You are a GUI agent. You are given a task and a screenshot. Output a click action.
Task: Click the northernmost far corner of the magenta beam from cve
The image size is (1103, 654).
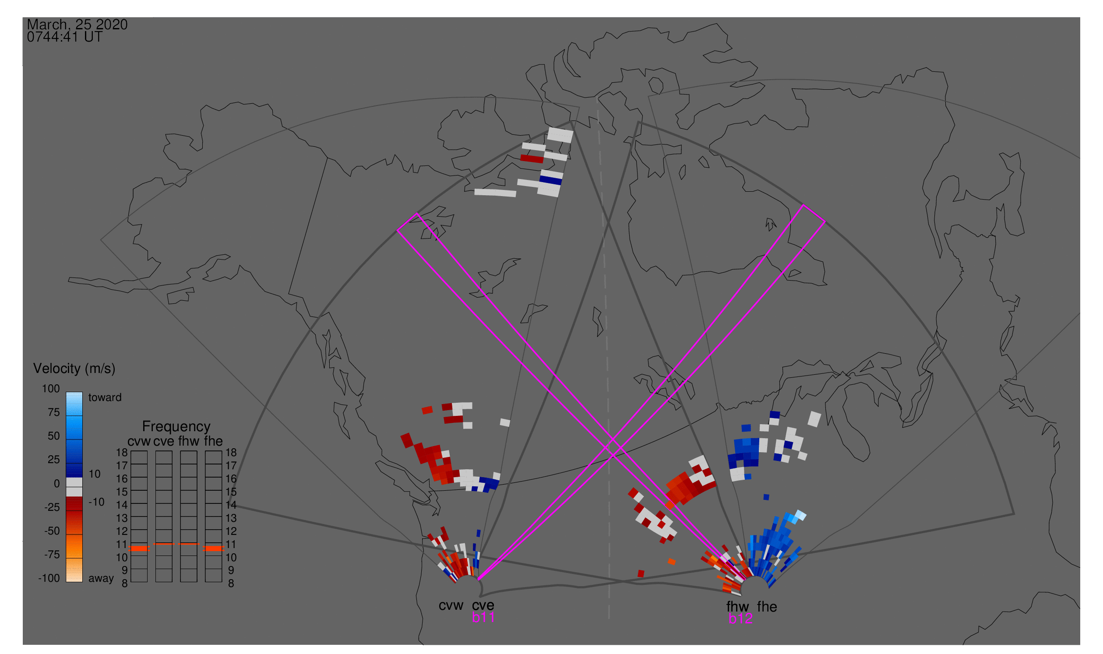[803, 205]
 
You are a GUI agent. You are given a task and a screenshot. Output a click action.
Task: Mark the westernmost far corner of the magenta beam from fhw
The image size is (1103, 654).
[398, 230]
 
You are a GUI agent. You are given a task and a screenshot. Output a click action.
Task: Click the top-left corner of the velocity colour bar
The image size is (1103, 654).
[66, 392]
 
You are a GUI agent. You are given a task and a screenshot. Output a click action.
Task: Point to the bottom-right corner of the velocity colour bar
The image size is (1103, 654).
[83, 582]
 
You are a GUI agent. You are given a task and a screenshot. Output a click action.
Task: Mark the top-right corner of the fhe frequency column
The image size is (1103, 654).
[222, 451]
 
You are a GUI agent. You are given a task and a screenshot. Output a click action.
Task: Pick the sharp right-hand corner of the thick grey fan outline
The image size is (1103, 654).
[1014, 514]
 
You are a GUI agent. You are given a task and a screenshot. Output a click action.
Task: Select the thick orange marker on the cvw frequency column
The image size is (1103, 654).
[139, 549]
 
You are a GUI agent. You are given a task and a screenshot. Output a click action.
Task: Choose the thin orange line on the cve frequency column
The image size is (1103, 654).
[164, 544]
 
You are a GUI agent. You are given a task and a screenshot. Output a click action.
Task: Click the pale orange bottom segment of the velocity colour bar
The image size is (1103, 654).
[74, 570]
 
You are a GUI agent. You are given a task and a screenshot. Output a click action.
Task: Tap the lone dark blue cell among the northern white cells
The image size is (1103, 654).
[550, 180]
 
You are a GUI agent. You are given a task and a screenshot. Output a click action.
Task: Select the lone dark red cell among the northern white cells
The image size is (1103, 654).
[532, 158]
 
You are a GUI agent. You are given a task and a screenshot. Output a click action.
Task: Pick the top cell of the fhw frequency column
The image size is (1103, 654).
[189, 457]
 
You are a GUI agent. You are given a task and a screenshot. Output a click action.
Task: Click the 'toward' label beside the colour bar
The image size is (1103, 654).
[105, 397]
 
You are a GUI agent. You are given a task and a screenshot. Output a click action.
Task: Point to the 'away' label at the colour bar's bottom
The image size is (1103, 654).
[101, 579]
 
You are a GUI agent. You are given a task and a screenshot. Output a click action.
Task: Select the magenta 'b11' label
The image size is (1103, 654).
[483, 617]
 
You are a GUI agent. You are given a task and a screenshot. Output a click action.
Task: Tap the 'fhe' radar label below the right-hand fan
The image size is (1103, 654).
[767, 607]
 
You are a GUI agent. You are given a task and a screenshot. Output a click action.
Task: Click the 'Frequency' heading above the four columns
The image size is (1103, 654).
[176, 427]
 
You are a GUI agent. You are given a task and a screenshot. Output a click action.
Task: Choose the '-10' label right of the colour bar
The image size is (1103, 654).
[96, 502]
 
